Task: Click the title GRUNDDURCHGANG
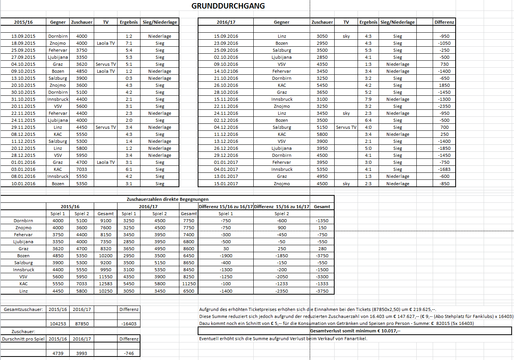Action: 228,6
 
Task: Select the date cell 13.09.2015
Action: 23,36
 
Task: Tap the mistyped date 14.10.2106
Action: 226,71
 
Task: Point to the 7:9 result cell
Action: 368,99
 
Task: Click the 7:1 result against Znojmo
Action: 129,43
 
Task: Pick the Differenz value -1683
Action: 444,169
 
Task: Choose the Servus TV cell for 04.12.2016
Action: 346,127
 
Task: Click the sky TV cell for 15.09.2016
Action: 346,36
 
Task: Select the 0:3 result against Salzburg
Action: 129,78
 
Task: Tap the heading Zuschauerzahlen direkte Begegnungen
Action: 167,199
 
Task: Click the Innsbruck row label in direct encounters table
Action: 23,270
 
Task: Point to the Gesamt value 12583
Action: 105,284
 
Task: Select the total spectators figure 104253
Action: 58,324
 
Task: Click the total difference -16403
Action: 129,324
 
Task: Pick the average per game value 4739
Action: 58,353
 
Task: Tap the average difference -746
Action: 129,353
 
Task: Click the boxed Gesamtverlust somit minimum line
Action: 355,331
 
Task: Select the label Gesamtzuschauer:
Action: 23,309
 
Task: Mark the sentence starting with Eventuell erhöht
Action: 283,339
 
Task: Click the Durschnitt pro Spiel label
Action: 23,339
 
